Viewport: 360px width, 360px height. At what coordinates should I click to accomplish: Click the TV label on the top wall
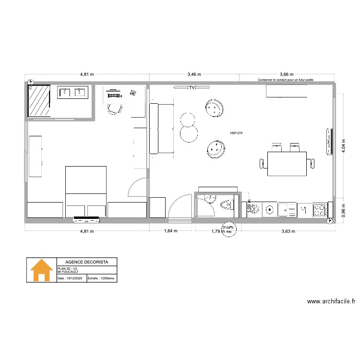(192, 87)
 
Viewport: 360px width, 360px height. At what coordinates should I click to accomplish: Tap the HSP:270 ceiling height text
(237, 133)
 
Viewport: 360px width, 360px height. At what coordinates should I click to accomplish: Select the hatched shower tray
(39, 101)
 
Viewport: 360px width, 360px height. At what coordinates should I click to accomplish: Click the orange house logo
(42, 270)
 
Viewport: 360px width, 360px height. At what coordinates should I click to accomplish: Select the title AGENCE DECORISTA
(86, 262)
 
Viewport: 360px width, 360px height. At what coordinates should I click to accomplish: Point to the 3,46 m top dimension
(194, 74)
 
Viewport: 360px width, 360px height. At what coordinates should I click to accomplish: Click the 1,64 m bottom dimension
(171, 231)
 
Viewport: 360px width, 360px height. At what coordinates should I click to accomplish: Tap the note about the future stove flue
(286, 80)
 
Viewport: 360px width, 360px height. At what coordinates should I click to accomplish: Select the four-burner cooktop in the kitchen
(319, 209)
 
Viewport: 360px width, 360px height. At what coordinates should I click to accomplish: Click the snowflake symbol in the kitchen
(255, 209)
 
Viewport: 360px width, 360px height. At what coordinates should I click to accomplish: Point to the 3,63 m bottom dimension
(288, 231)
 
